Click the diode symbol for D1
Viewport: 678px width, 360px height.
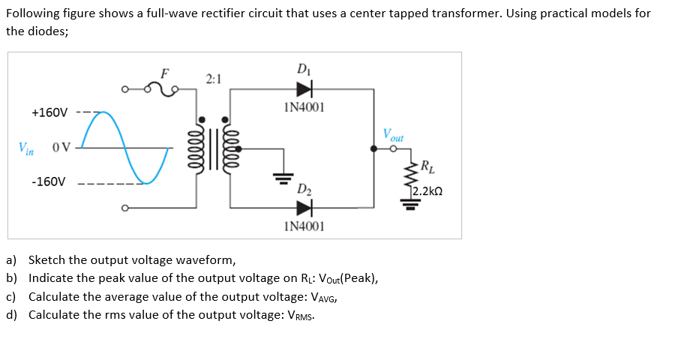[x=304, y=89]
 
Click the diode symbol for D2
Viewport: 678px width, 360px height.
[x=304, y=206]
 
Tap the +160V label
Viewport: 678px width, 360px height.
[x=49, y=113]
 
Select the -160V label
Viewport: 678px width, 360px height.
[x=48, y=182]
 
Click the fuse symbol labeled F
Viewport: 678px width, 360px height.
[x=163, y=89]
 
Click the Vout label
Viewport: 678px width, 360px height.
[x=392, y=136]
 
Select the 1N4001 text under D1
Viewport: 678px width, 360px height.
[x=304, y=107]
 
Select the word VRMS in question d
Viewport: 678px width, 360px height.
[x=301, y=315]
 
